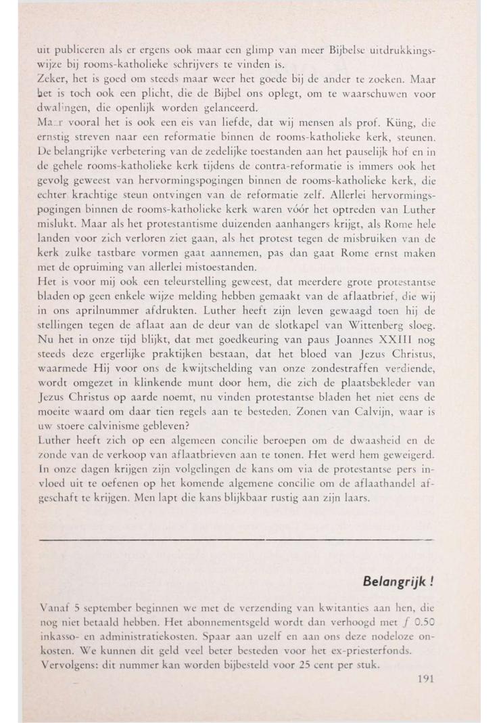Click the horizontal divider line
(x=235, y=540)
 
